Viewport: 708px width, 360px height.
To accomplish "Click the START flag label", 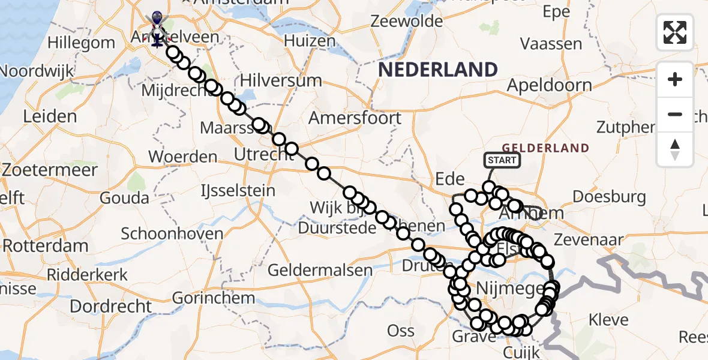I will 502,160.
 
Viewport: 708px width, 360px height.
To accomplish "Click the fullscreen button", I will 675,32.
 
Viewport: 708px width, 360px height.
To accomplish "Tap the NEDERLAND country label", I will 438,70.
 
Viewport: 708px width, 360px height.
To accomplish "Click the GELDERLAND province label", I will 545,148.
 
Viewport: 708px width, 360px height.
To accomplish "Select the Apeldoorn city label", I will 549,85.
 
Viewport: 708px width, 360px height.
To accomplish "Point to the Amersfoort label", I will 355,118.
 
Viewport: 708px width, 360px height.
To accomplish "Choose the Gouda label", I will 125,197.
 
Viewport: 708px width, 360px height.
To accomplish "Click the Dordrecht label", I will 111,306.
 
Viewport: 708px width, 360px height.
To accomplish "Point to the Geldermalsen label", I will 320,270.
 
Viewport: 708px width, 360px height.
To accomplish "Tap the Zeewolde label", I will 407,21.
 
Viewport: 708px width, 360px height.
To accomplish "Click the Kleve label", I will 608,319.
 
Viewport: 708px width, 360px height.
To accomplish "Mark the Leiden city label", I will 50,116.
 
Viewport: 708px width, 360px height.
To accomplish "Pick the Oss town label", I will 401,331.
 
